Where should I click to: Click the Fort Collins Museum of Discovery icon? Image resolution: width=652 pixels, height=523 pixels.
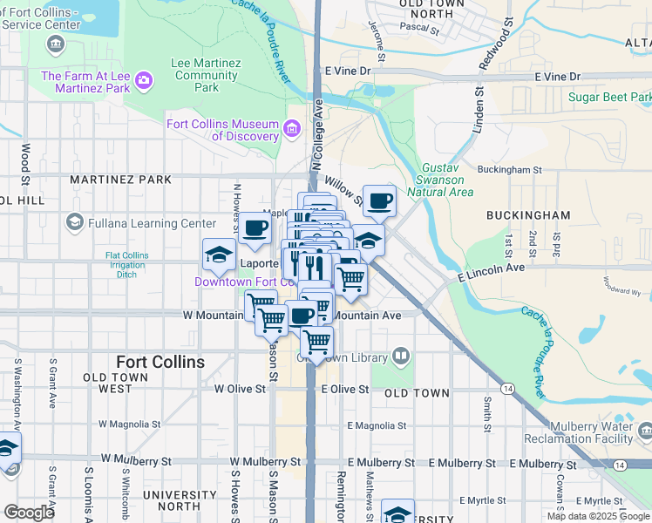pos(292,130)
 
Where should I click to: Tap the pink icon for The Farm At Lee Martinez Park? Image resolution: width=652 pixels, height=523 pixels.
pos(144,82)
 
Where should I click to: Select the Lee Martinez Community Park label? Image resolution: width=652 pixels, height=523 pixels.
pos(194,76)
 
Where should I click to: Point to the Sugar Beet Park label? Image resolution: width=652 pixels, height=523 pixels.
pos(609,96)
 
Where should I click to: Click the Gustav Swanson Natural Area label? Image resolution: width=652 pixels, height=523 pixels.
pos(447,179)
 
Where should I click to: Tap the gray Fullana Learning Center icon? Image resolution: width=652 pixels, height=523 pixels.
pos(75,223)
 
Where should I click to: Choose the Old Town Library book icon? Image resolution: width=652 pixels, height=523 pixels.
pos(400,356)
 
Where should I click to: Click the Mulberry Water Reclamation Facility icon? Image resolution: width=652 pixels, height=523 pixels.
pos(645,431)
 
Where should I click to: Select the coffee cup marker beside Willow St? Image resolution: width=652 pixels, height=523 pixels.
pos(379,201)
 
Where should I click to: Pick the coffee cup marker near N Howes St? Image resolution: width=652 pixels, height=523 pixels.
pos(255,228)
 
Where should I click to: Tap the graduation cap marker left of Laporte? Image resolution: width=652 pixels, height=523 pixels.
pos(219,255)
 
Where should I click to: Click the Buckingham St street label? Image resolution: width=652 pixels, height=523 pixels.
pos(510,170)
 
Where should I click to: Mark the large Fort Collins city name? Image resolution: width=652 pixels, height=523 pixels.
pos(160,362)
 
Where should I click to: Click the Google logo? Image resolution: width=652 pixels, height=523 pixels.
pos(29,513)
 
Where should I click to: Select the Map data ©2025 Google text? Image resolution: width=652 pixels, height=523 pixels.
pos(597,516)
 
